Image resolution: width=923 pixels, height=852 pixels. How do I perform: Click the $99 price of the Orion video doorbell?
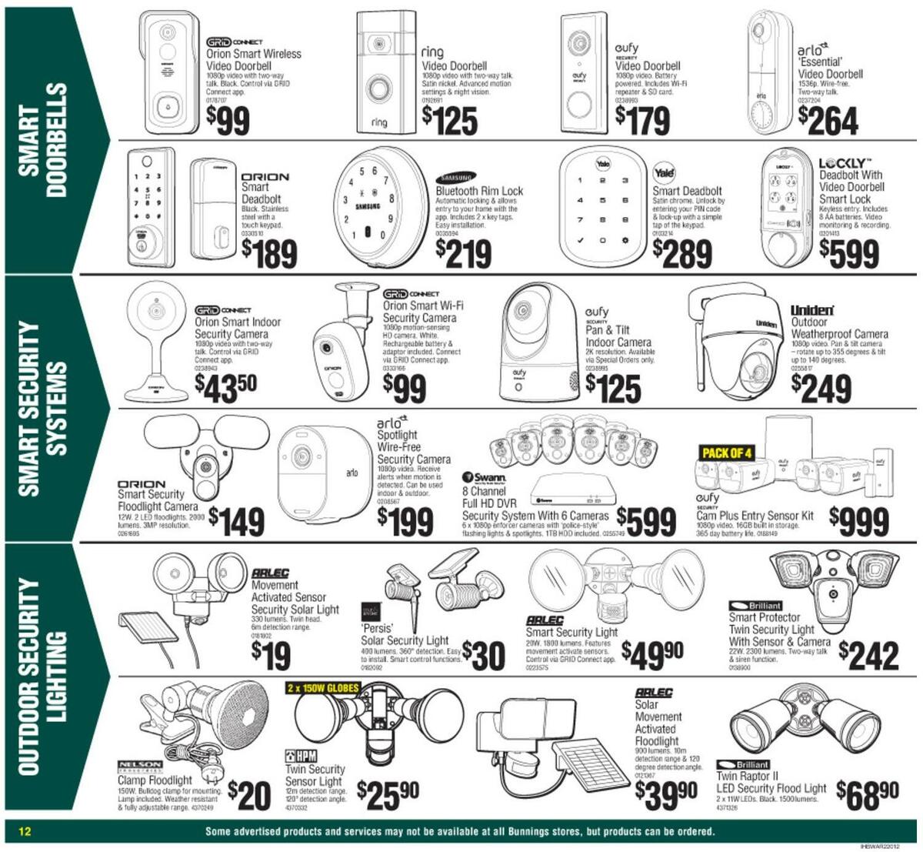click(228, 120)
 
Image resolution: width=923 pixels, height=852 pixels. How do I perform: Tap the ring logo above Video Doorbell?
click(433, 52)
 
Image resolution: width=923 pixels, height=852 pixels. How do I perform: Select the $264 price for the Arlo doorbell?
click(828, 120)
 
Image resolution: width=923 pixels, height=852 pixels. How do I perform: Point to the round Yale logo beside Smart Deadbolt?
click(663, 172)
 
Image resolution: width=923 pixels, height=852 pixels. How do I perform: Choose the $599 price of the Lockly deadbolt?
click(848, 252)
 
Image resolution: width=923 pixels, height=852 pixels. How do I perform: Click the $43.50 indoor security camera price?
click(225, 386)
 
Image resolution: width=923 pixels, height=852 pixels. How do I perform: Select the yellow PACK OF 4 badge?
click(727, 452)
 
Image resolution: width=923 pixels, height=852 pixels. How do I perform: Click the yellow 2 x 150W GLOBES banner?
click(322, 687)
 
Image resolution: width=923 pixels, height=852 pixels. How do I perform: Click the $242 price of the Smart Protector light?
click(868, 655)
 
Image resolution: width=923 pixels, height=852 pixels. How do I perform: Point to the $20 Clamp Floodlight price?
click(250, 795)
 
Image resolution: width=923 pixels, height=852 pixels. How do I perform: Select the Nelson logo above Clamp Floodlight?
click(139, 767)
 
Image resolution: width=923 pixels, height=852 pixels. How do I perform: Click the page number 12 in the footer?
click(25, 832)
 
